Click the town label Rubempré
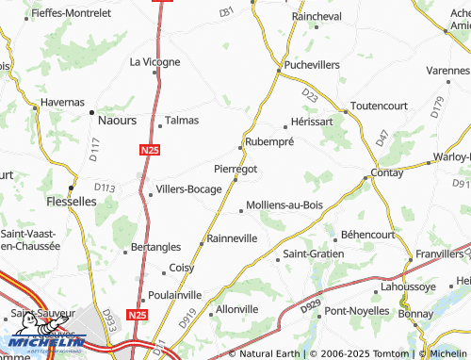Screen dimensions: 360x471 coord(269,141)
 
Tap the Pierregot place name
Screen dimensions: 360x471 coord(235,169)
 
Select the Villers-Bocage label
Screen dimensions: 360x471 coord(189,188)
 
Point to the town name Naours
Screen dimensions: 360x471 coord(118,121)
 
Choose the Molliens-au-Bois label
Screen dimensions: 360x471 coord(284,205)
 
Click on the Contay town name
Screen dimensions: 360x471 coord(387,174)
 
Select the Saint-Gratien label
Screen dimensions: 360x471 coord(314,254)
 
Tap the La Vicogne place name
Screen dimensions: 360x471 coord(154,62)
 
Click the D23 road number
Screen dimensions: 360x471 coord(311,95)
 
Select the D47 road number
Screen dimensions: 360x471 coord(382,137)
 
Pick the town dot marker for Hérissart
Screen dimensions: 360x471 coord(285,126)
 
